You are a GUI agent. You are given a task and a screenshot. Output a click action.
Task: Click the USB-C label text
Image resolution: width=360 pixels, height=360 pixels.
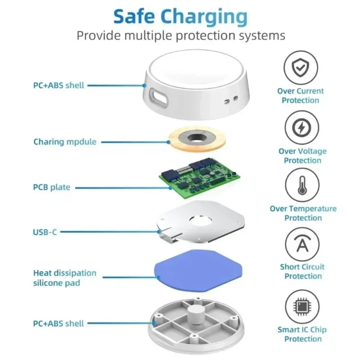pos(45,232)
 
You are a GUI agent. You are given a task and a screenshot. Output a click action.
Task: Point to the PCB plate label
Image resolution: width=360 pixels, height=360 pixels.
pos(51,187)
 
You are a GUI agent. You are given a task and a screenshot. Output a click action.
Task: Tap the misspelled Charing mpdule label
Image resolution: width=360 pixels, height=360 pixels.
pos(65,142)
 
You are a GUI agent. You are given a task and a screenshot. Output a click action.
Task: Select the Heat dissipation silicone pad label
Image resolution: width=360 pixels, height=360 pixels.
pos(65,278)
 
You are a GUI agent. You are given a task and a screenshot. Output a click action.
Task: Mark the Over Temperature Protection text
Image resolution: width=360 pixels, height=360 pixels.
pos(303,213)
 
